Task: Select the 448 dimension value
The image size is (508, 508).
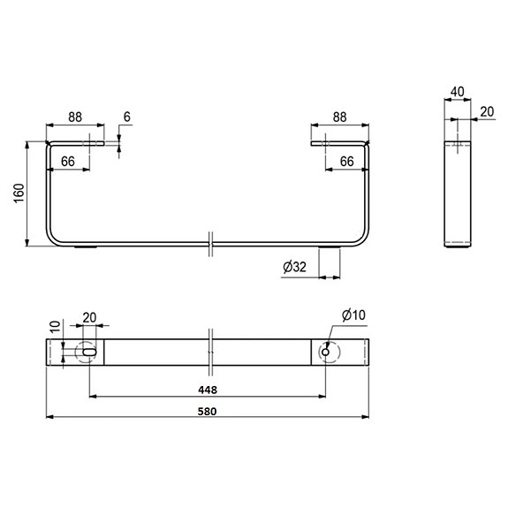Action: [x=209, y=389]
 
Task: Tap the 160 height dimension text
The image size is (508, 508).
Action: [x=19, y=194]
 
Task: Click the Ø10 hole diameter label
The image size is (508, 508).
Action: [x=353, y=315]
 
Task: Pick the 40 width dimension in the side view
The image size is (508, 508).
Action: [x=457, y=90]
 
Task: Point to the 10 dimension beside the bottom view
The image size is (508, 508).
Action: [x=53, y=327]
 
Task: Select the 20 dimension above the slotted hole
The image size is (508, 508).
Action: [x=89, y=318]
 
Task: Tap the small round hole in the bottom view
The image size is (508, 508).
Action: [x=327, y=352]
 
